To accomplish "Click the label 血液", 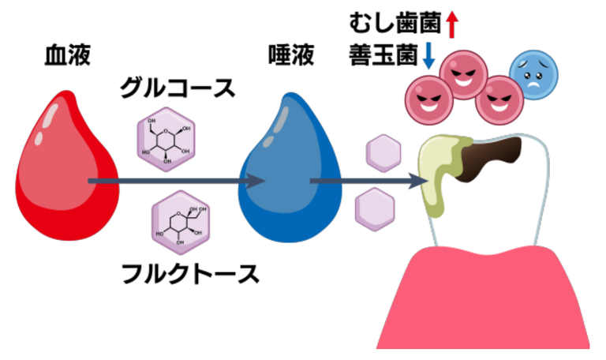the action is pyautogui.click(x=68, y=55).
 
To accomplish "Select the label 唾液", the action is pyautogui.click(x=291, y=55).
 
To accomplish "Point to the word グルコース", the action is pyautogui.click(x=178, y=88).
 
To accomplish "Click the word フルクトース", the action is pyautogui.click(x=190, y=274).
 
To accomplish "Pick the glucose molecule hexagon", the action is pyautogui.click(x=166, y=140).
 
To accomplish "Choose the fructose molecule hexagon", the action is pyautogui.click(x=181, y=223).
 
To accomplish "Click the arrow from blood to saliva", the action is pyautogui.click(x=177, y=181).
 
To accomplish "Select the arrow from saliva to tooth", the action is pyautogui.click(x=369, y=181).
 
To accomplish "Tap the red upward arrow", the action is pyautogui.click(x=451, y=24).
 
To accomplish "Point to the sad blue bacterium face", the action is pyautogui.click(x=533, y=75).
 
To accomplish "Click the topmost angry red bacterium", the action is pyautogui.click(x=464, y=75).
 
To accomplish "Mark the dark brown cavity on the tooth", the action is pyautogui.click(x=489, y=159).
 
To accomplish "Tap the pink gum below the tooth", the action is pyautogui.click(x=483, y=298).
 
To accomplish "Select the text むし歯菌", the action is pyautogui.click(x=395, y=23).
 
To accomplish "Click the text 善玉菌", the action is pyautogui.click(x=383, y=56).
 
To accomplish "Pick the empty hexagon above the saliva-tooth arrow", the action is pyautogui.click(x=383, y=153).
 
